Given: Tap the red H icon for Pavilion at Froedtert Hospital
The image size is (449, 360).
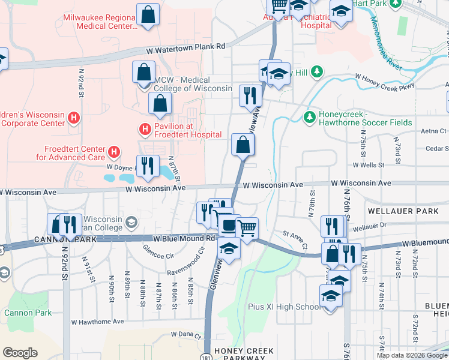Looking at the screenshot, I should (x=144, y=128).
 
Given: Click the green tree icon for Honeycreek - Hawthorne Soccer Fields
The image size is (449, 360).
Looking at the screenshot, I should (x=310, y=116).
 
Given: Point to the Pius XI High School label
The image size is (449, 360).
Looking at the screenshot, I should (x=284, y=307).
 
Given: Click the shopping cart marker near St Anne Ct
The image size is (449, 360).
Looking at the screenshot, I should (x=247, y=228).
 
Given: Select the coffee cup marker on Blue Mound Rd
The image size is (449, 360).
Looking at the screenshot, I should (x=229, y=226).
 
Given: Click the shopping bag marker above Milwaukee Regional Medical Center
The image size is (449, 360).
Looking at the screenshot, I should (x=148, y=14).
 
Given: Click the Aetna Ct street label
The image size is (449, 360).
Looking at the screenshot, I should (x=434, y=131).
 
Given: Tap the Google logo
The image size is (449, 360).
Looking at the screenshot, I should (x=20, y=352).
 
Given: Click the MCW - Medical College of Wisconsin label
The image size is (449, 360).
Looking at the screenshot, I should (x=193, y=84).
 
